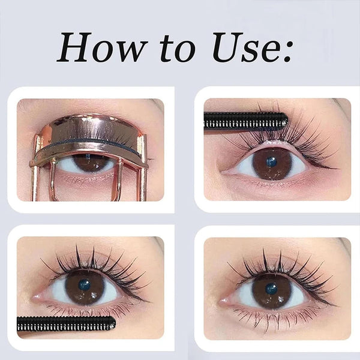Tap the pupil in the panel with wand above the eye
[x=272, y=162]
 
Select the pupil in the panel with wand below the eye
[x=85, y=286]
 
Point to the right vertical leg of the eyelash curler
[x=143, y=174]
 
